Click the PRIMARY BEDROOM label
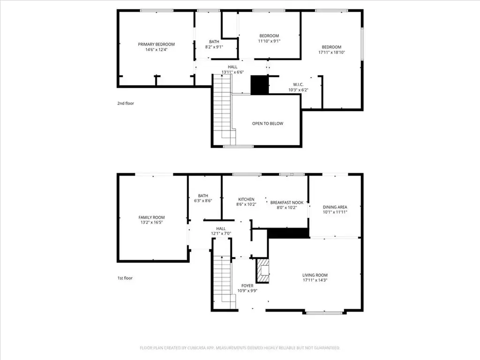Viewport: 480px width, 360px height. click(156, 45)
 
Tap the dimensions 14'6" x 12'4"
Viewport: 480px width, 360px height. click(156, 50)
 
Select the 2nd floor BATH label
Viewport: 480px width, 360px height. click(214, 42)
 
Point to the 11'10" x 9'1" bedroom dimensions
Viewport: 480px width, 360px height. click(269, 41)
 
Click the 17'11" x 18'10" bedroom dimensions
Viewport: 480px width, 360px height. click(331, 52)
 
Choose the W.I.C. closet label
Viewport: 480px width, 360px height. click(298, 84)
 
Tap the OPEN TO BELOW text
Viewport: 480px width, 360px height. click(268, 124)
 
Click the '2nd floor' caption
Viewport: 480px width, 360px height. click(126, 104)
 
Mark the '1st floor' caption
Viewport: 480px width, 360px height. click(125, 278)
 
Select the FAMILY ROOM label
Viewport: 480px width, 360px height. click(151, 217)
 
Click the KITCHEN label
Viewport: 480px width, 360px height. click(246, 199)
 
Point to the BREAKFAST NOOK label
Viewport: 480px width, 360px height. click(287, 202)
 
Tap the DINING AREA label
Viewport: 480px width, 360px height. click(335, 207)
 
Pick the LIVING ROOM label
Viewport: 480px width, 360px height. click(315, 275)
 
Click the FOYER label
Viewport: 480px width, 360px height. click(247, 286)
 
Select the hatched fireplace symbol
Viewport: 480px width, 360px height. click(262, 270)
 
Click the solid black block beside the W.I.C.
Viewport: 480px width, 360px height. click(260, 85)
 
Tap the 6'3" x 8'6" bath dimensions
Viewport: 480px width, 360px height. click(203, 201)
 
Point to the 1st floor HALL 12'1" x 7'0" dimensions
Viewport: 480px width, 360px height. click(221, 233)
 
